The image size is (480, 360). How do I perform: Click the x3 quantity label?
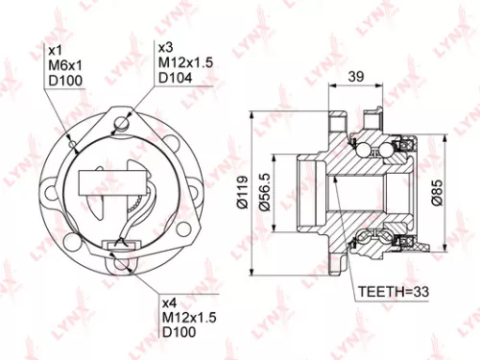165,46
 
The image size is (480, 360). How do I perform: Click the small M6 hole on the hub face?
75,146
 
